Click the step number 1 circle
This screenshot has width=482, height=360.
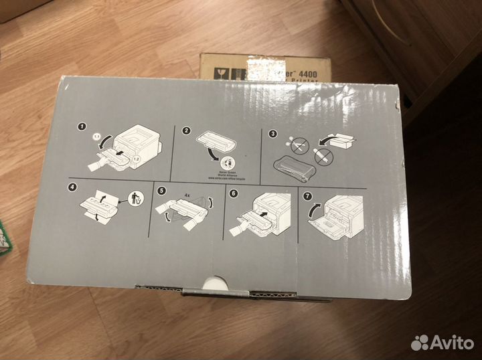coord(82,126)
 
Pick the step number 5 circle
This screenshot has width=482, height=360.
coord(161,190)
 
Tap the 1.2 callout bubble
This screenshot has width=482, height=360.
coord(135,159)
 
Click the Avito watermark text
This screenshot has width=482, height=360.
coord(451,343)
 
